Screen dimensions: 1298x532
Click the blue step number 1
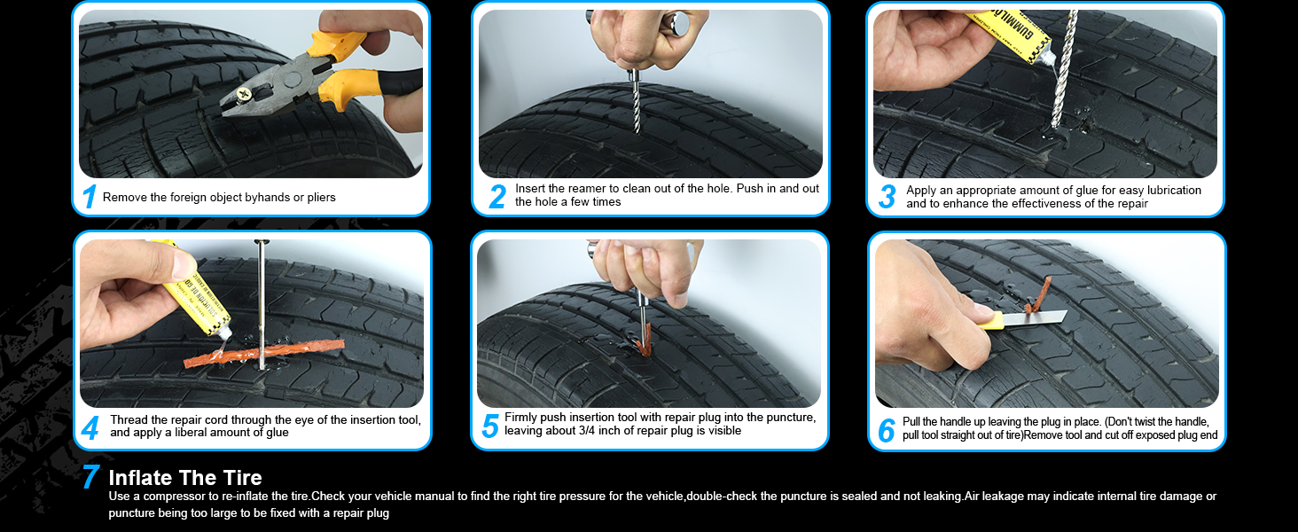pyautogui.click(x=89, y=197)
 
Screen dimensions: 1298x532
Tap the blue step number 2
pyautogui.click(x=497, y=197)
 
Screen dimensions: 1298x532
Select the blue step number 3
pyautogui.click(x=887, y=197)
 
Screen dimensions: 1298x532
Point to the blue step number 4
pyautogui.click(x=90, y=428)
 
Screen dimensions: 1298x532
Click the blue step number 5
pyautogui.click(x=490, y=426)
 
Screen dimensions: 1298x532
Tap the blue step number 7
pyautogui.click(x=90, y=476)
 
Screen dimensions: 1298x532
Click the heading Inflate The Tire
pyautogui.click(x=185, y=478)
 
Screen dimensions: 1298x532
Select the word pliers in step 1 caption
pyautogui.click(x=322, y=197)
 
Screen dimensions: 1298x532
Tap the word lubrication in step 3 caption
pyautogui.click(x=1172, y=190)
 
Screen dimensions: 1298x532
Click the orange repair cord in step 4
pyautogui.click(x=264, y=354)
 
